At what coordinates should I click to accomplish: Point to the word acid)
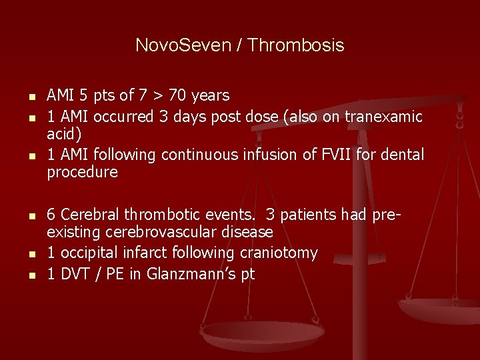64,134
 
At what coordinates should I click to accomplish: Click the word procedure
82,173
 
